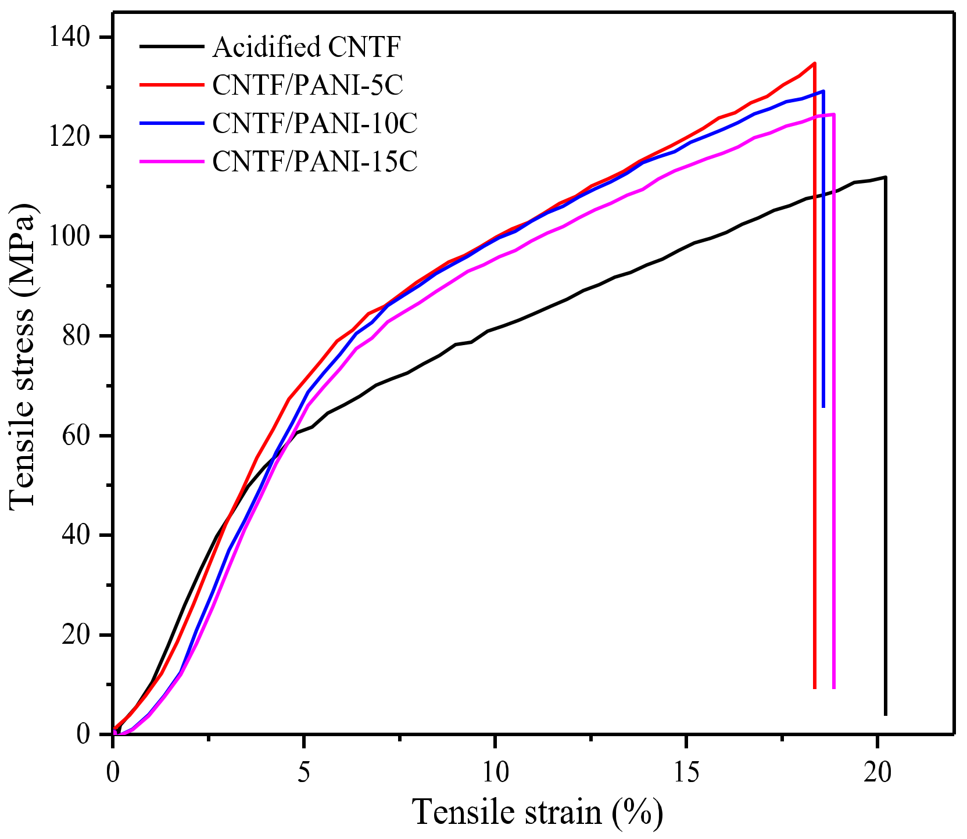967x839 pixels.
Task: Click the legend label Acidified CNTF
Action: tap(306, 47)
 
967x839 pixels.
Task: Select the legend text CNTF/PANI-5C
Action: tap(307, 85)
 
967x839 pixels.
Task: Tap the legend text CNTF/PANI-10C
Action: tap(314, 123)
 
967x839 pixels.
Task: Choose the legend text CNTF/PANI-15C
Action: tap(314, 161)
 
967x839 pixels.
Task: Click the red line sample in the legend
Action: tap(171, 85)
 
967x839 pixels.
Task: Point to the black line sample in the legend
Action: tap(171, 46)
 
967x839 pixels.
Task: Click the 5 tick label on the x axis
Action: tap(303, 773)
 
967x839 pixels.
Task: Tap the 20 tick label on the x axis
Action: tap(877, 773)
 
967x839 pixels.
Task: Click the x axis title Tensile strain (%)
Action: tap(537, 812)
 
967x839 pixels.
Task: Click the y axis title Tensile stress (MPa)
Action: tap(23, 357)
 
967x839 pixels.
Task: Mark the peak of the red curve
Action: tap(815, 63)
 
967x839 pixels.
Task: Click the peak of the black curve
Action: tap(885, 177)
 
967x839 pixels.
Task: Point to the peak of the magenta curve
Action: tap(834, 114)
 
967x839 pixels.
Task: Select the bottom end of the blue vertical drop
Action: tap(823, 407)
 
